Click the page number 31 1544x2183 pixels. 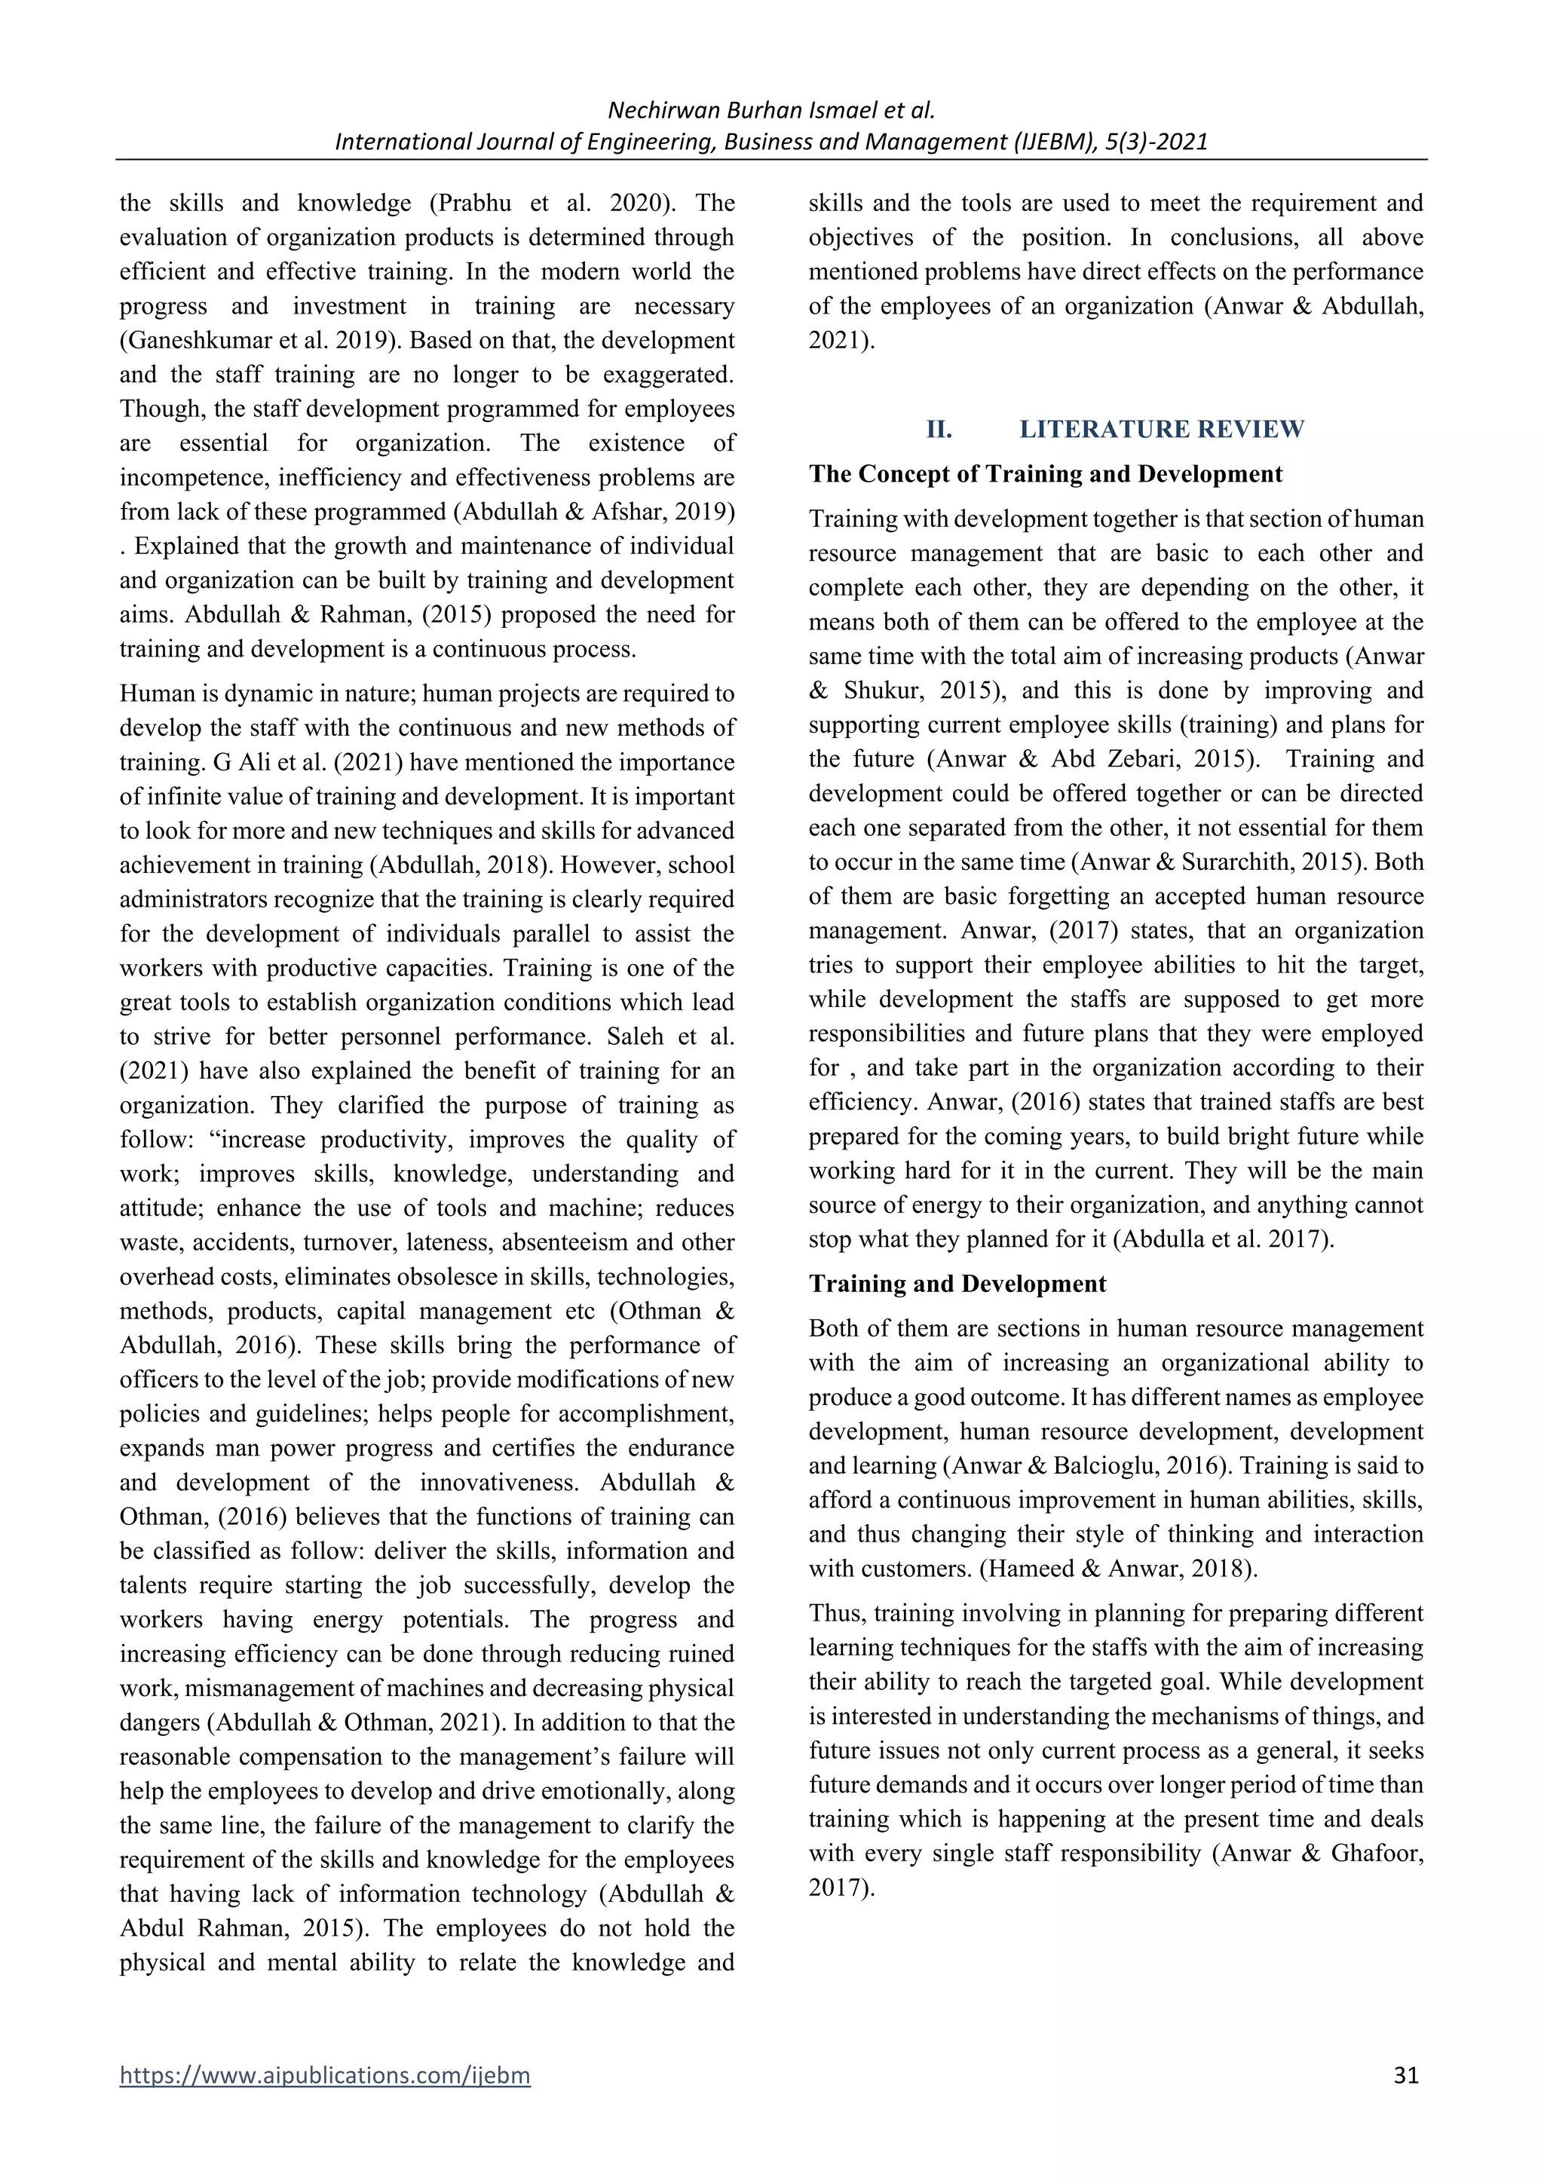(1405, 2074)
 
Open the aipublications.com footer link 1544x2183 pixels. (324, 2074)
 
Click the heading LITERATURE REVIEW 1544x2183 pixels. (1162, 429)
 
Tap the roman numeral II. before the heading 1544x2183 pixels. (939, 429)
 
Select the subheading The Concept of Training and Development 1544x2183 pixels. (1045, 473)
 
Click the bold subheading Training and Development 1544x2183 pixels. (957, 1284)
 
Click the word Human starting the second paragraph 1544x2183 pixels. (152, 694)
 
